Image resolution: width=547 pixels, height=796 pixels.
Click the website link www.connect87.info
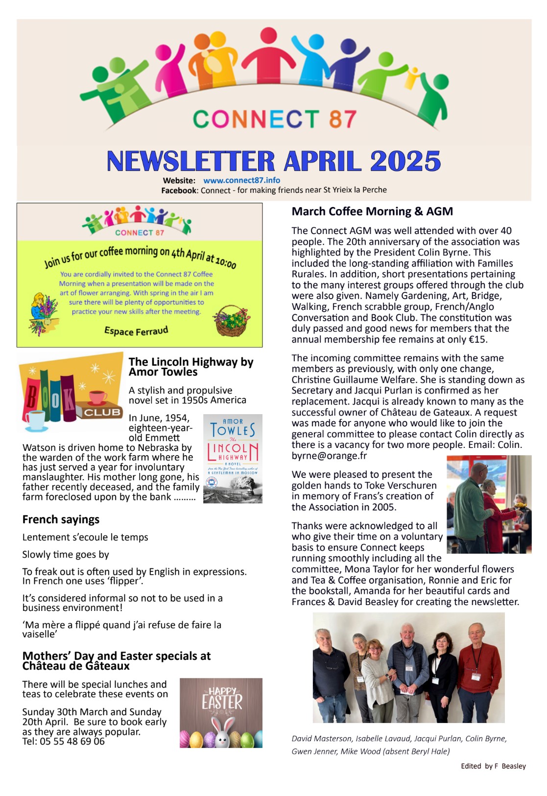coord(241,180)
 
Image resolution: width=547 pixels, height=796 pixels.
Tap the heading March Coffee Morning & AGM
coord(372,211)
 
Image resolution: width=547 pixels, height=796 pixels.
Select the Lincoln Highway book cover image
coord(233,459)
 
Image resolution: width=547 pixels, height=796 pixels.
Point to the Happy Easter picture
coord(221,713)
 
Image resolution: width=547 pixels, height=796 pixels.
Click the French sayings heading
coord(61,519)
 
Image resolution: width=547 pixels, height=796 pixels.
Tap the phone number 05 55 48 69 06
coord(72,741)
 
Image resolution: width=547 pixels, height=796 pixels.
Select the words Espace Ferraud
coord(136,331)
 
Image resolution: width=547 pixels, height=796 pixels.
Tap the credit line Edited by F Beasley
coord(493,766)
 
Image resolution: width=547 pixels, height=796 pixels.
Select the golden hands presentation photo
coord(489,504)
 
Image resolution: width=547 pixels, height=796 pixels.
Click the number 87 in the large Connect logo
coord(342,119)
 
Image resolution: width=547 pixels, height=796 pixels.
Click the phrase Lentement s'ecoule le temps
coord(85,537)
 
